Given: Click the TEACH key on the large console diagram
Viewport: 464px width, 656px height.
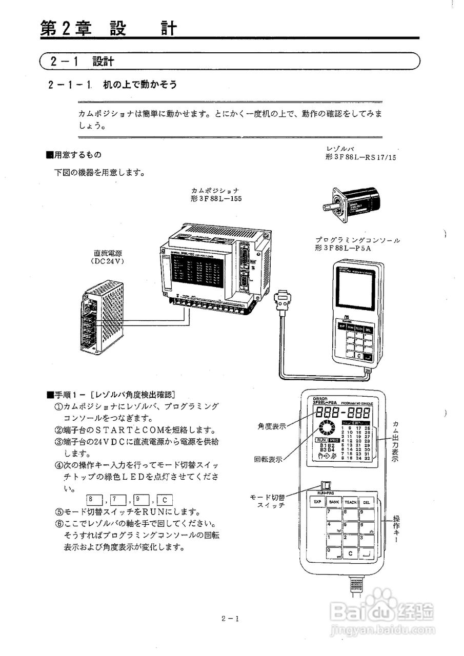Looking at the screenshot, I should (351, 502).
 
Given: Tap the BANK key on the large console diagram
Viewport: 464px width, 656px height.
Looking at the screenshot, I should (334, 502).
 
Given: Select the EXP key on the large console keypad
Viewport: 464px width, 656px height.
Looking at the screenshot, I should (317, 502).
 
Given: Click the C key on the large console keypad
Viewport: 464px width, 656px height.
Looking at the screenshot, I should (351, 553).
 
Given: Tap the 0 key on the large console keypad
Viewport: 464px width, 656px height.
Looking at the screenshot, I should (334, 553).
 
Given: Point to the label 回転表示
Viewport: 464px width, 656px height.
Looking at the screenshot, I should (268, 460).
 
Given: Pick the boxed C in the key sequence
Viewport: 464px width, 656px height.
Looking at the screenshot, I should (165, 499).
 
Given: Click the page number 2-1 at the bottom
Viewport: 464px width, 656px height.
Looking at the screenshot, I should (231, 619).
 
